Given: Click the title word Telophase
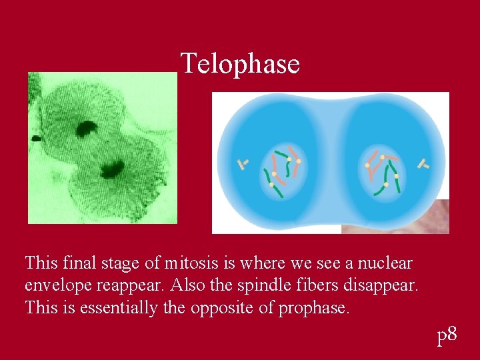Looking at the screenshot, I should click(240, 64).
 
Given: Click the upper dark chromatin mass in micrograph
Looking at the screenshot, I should click(86, 128).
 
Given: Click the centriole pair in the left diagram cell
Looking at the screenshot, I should click(243, 163).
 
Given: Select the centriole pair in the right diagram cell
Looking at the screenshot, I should click(421, 163).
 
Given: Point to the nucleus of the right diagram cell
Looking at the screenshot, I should click(383, 171).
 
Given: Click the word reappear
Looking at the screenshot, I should click(133, 286).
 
